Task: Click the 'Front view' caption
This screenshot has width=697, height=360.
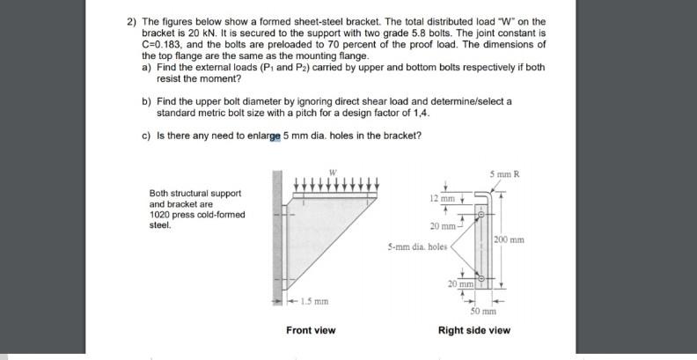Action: click(311, 330)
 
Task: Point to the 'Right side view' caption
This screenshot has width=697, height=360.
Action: click(473, 330)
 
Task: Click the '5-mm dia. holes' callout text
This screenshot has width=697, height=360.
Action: click(417, 247)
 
